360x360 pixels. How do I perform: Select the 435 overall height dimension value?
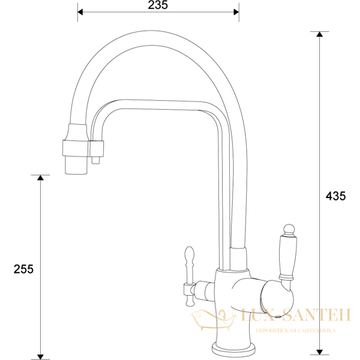(335, 196)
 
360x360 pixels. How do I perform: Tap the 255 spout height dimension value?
(23, 268)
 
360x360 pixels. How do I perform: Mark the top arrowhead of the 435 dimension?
(319, 34)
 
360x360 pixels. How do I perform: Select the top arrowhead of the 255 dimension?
(41, 178)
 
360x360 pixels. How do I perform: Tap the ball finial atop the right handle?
(287, 228)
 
